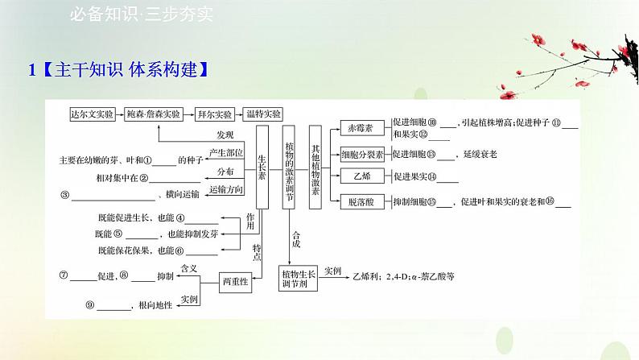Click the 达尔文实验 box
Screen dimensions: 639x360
pyautogui.click(x=93, y=114)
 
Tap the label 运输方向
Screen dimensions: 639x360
pyautogui.click(x=223, y=190)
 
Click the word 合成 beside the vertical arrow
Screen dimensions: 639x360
pyautogui.click(x=296, y=238)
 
